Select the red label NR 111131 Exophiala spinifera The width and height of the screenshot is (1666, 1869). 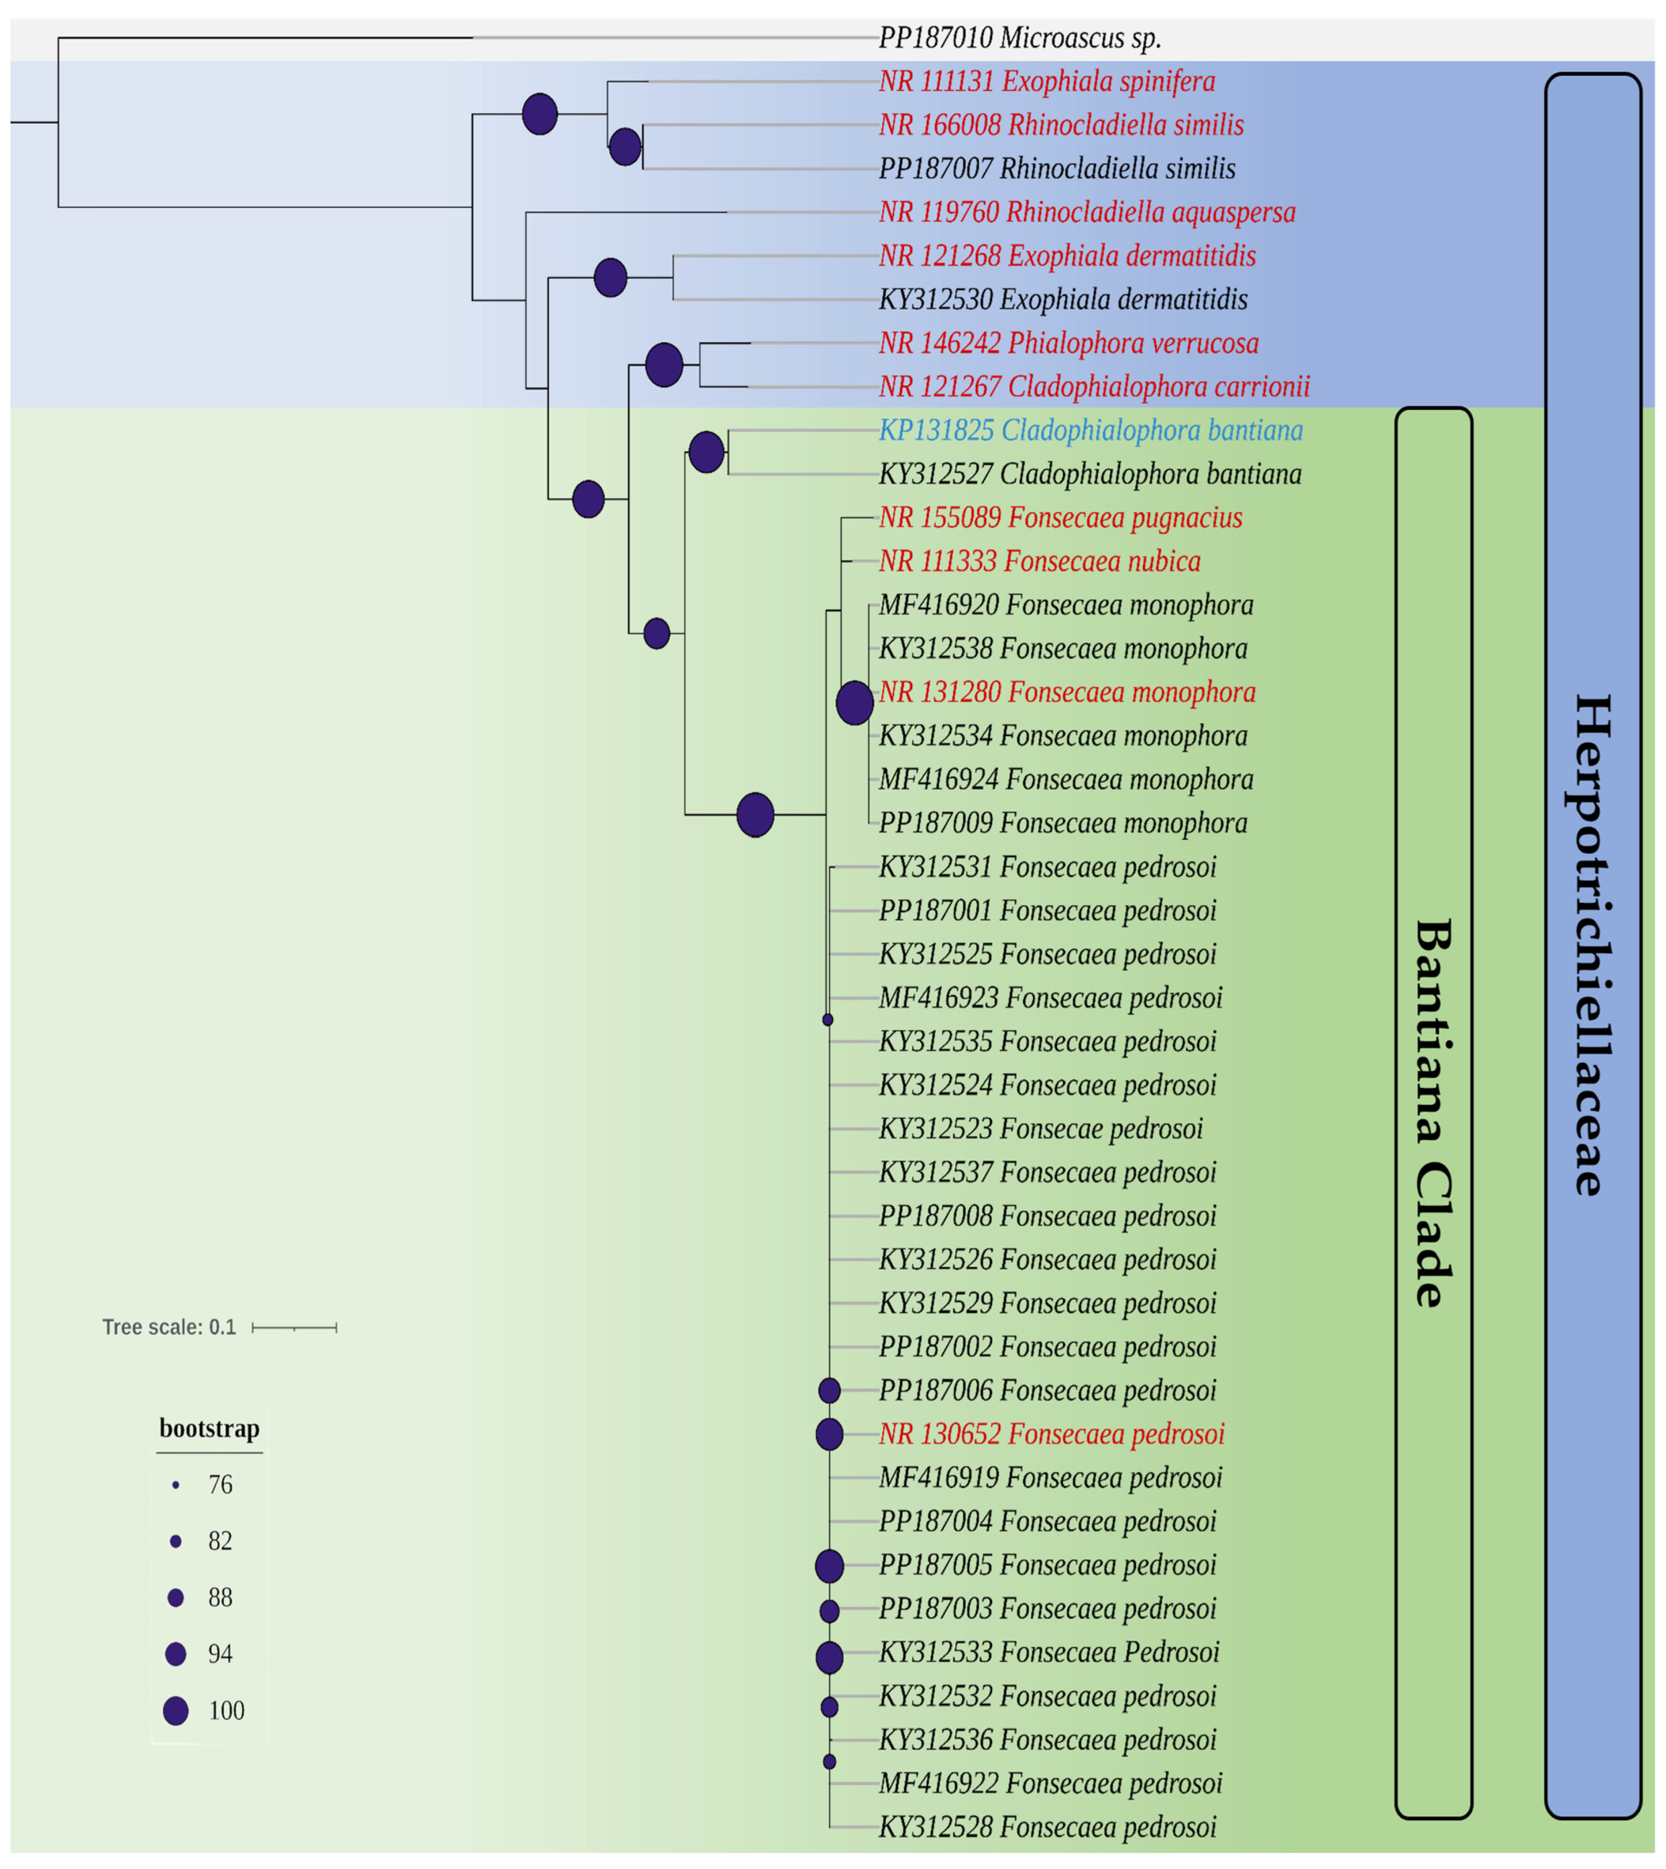pos(1046,82)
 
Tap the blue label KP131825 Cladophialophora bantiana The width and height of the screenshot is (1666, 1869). pos(1090,430)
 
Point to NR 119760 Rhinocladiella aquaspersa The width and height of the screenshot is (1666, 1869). pos(1087,212)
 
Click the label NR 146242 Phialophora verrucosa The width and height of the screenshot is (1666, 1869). pos(1068,343)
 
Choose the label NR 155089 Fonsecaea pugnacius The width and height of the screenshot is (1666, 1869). pos(1060,518)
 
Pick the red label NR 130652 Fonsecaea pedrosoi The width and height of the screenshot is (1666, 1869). pos(1051,1434)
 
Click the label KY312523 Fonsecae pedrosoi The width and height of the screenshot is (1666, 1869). pos(1041,1128)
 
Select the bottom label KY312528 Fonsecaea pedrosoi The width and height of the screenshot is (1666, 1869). pos(1047,1827)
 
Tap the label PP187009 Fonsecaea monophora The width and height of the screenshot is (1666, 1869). pos(1063,823)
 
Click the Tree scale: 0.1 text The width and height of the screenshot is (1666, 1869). pos(169,1327)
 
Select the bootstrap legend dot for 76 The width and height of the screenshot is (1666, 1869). pos(176,1484)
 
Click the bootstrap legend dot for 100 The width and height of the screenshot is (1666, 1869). pos(176,1711)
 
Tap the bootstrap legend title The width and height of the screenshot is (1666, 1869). pos(209,1429)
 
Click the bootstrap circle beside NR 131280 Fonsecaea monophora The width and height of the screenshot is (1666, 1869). pos(854,703)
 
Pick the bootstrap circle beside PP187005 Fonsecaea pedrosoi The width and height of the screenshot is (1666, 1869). pos(829,1566)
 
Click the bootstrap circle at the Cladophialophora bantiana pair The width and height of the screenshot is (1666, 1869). pos(706,452)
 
